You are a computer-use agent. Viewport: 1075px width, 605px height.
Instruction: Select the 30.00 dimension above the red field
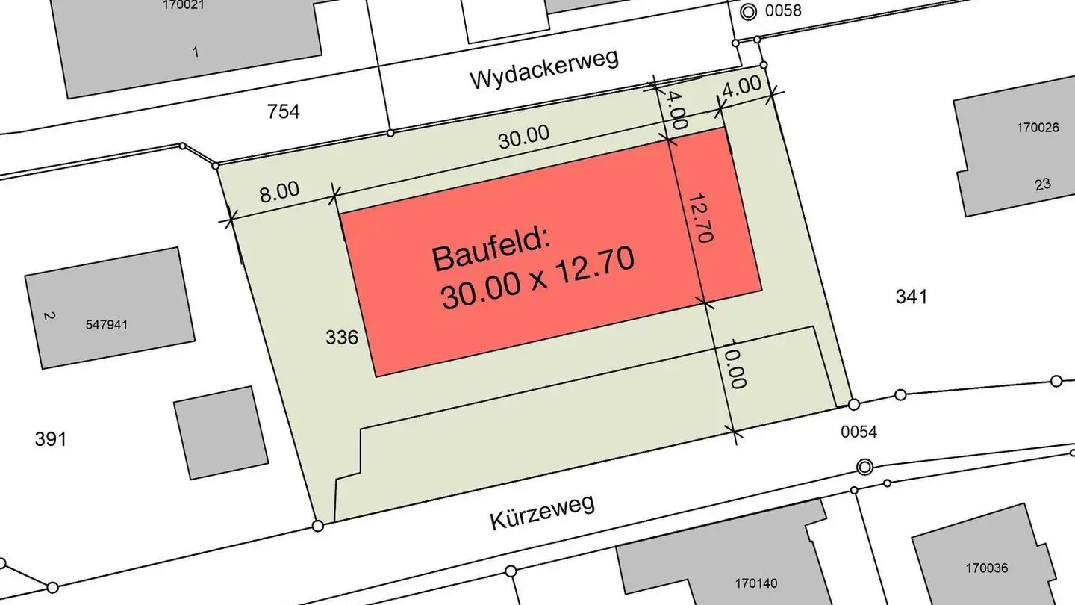(524, 137)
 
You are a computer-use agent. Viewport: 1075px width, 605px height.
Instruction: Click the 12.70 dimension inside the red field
(699, 217)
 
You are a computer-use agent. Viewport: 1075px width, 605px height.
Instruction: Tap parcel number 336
(342, 338)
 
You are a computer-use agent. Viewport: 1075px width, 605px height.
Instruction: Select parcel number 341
(911, 297)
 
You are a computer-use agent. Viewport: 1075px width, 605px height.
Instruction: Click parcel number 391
(51, 438)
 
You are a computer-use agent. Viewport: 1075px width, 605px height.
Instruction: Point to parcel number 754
(284, 112)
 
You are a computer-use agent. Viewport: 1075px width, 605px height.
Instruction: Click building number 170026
(1037, 128)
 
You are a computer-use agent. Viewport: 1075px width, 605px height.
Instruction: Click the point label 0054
(859, 431)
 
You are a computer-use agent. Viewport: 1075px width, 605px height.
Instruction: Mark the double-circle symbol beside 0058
(748, 11)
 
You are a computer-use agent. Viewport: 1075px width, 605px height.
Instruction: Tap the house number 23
(1042, 184)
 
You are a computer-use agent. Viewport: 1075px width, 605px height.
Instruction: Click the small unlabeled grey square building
(220, 432)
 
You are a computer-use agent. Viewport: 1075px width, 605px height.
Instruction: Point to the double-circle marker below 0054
(864, 467)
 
